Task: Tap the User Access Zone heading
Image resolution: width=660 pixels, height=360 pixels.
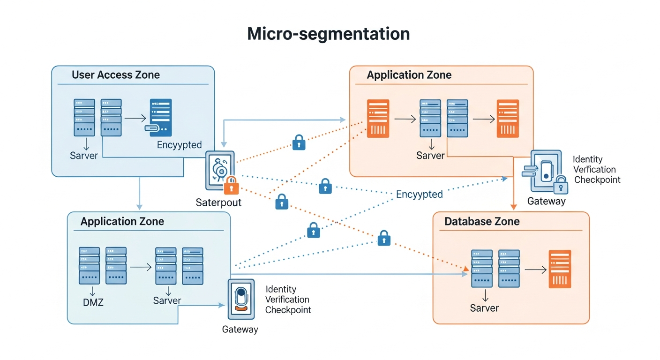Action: pyautogui.click(x=116, y=75)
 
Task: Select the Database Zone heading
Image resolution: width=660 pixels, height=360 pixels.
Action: pyautogui.click(x=482, y=221)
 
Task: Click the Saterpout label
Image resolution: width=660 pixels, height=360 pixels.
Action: pyautogui.click(x=218, y=202)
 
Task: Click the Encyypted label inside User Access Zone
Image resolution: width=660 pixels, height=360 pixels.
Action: pyautogui.click(x=180, y=145)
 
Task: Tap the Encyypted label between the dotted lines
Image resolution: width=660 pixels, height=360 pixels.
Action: pyautogui.click(x=419, y=194)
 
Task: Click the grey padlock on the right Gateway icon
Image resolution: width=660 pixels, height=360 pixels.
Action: pyautogui.click(x=560, y=186)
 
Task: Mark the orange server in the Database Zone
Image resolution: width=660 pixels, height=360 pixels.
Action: pyautogui.click(x=560, y=269)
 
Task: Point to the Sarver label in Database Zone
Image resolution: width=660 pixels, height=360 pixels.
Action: pyautogui.click(x=484, y=308)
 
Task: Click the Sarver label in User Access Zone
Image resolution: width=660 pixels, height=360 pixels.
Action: pyautogui.click(x=84, y=156)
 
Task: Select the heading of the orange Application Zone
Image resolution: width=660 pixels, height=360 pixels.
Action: pyautogui.click(x=409, y=75)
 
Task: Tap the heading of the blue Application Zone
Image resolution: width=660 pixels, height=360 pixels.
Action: pyautogui.click(x=122, y=221)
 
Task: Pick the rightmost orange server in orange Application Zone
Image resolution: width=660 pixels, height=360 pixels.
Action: pyautogui.click(x=508, y=118)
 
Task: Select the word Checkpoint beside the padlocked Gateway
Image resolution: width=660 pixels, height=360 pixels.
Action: pyautogui.click(x=597, y=180)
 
